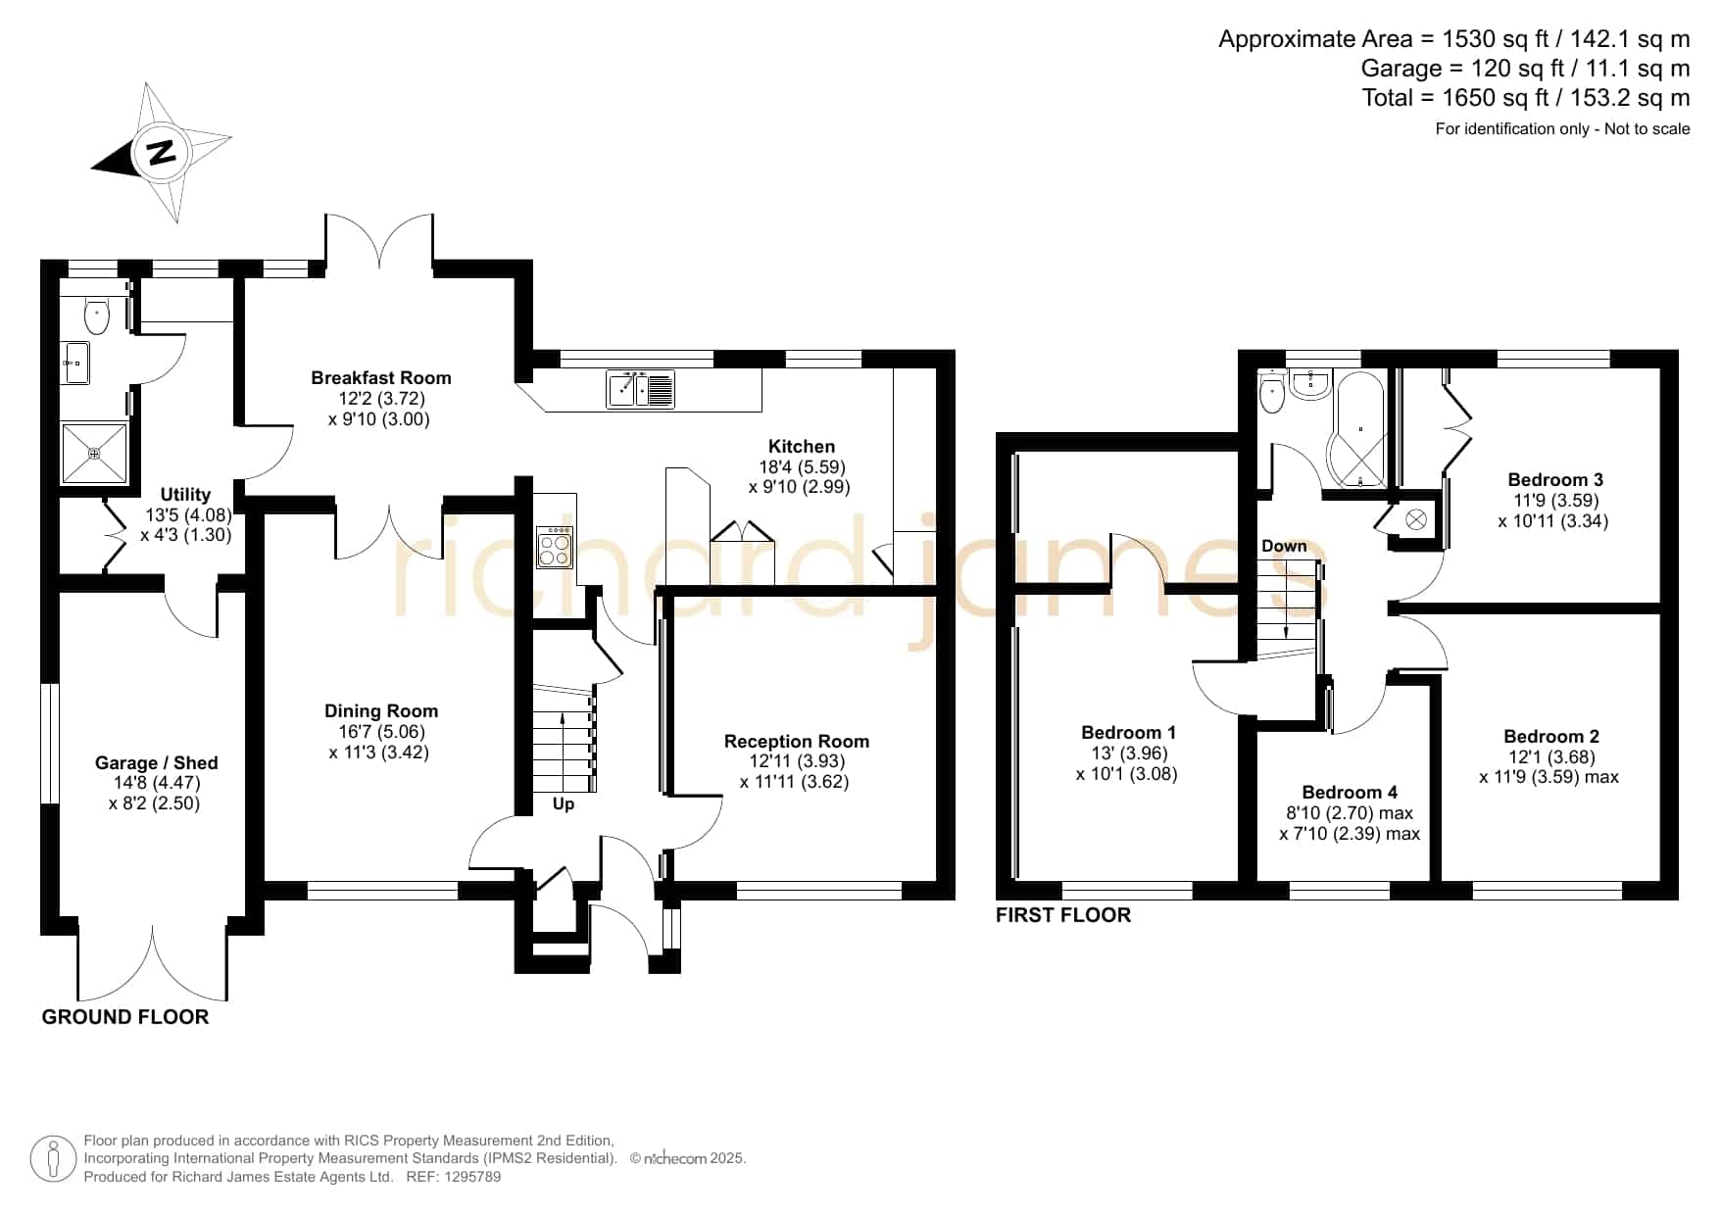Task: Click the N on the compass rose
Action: [161, 153]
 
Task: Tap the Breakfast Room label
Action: [381, 377]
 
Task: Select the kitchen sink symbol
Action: [641, 389]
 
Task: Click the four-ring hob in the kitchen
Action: [555, 547]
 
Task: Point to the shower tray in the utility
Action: [94, 453]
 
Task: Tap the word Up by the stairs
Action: [564, 803]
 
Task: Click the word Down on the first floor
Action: [1284, 546]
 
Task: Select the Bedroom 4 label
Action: [1350, 792]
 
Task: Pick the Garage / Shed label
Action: [157, 762]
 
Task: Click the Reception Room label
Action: [797, 741]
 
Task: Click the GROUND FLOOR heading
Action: [125, 1017]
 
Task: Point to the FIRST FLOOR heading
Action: [1063, 915]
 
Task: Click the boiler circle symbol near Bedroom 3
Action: [1416, 519]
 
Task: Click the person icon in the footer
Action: [54, 1160]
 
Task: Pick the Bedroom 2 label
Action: [1551, 736]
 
